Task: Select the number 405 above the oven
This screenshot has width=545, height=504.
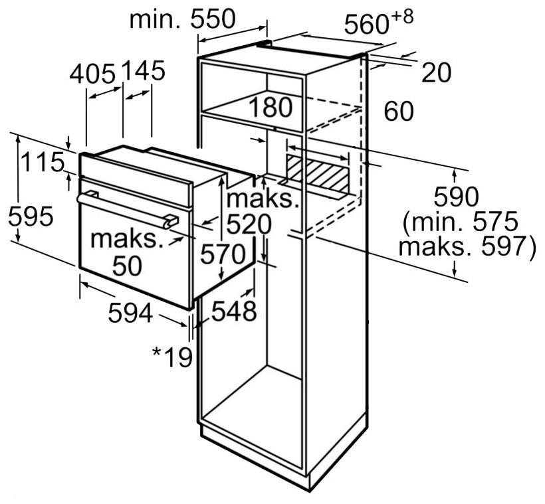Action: click(92, 74)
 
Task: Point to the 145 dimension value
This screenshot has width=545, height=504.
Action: click(144, 70)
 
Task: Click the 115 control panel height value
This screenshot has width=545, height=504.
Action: click(43, 162)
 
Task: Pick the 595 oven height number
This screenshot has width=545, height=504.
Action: click(31, 216)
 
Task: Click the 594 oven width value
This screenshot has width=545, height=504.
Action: click(131, 313)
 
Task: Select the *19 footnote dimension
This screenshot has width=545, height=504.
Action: click(172, 357)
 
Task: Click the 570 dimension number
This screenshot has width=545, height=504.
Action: click(223, 254)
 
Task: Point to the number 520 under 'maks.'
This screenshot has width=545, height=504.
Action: click(249, 224)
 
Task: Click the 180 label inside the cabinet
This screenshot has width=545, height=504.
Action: click(271, 108)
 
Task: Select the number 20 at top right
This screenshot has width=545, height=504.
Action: click(437, 72)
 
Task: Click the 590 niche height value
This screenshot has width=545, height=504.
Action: click(457, 197)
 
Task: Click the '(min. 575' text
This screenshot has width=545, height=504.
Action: click(461, 222)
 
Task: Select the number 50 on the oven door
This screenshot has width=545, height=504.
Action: click(127, 266)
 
